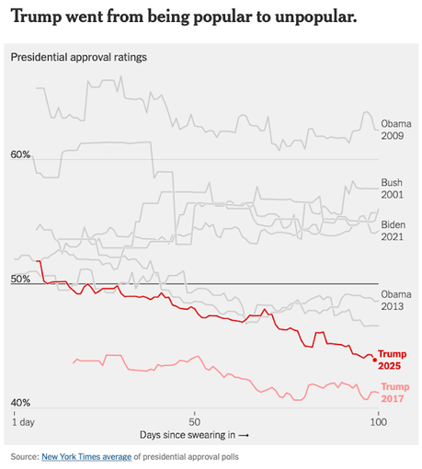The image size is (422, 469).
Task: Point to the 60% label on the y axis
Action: point(21,154)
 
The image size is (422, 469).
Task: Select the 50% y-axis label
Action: point(21,279)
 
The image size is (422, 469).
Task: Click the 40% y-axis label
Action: point(21,403)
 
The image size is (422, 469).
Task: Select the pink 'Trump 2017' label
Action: point(394,393)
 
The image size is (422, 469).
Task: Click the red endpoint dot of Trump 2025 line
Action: point(374,359)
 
